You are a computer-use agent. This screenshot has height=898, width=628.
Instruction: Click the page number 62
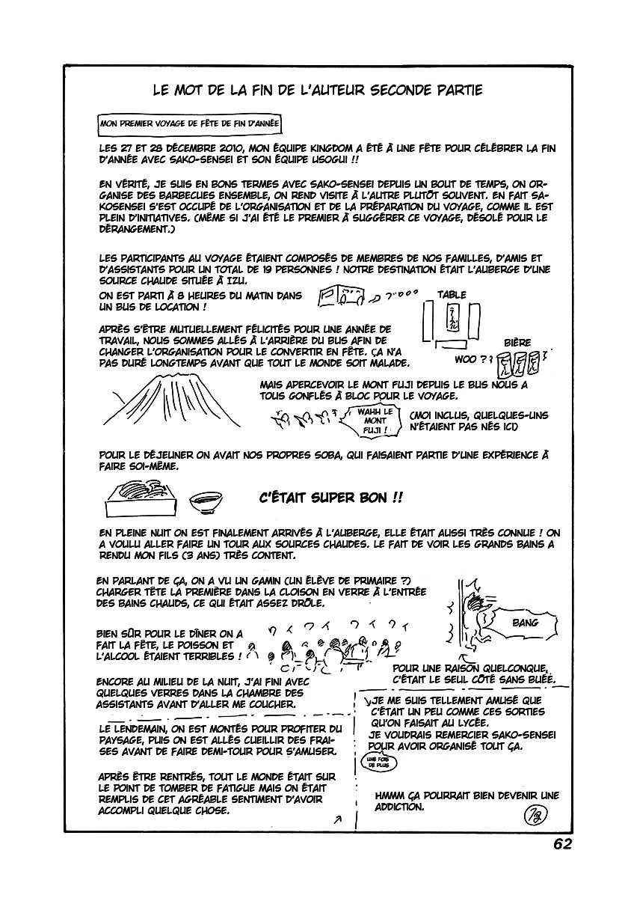tap(562, 843)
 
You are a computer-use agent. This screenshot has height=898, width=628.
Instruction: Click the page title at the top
tap(317, 91)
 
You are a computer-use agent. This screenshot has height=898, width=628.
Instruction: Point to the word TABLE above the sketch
tap(451, 295)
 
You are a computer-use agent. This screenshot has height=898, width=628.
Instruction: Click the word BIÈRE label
tap(517, 342)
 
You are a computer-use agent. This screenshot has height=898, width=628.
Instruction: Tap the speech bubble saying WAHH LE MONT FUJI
tap(374, 423)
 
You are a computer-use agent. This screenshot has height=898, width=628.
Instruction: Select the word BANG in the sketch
tap(526, 623)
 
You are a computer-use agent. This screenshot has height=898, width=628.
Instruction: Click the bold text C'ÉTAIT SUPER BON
tap(330, 496)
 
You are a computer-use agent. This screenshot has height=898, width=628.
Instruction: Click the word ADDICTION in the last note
tap(401, 807)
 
